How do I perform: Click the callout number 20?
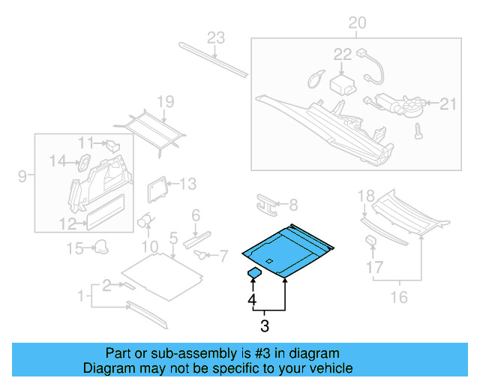[x=357, y=24]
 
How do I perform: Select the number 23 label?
[x=216, y=38]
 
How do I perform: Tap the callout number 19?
[x=165, y=102]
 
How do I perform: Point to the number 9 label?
[x=22, y=177]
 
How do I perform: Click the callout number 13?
[x=187, y=184]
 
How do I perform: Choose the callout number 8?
[x=293, y=204]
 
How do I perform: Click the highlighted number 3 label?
[x=264, y=325]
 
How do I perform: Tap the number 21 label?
[x=448, y=104]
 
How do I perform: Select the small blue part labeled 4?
[x=254, y=273]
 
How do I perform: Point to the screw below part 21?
[x=417, y=130]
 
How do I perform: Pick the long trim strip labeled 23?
[x=213, y=60]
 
